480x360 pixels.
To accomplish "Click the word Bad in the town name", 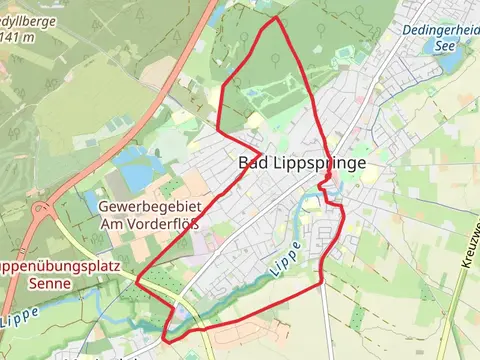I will [x=253, y=163].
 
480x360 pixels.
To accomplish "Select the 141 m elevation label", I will [x=20, y=37].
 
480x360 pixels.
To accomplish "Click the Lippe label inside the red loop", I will [x=285, y=266].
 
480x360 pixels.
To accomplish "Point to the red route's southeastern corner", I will [x=321, y=284].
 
